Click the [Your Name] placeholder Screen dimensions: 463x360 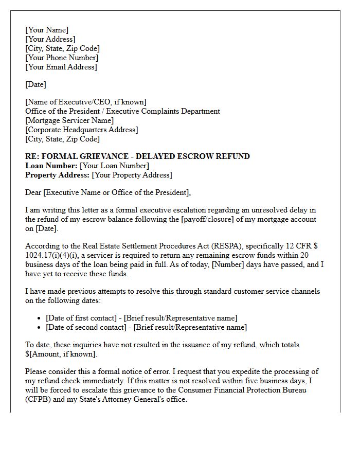[47, 30]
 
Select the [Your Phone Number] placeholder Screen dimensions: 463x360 [62, 58]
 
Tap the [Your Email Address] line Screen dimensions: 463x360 [61, 67]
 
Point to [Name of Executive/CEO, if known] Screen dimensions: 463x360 [86, 102]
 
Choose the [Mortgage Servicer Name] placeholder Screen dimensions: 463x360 [69, 120]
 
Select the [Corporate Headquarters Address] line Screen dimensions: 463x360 [81, 130]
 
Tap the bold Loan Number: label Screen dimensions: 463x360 [51, 166]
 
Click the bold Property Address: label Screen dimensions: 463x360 [57, 175]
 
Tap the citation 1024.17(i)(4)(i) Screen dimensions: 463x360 [53, 255]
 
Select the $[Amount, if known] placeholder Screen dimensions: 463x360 [61, 354]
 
